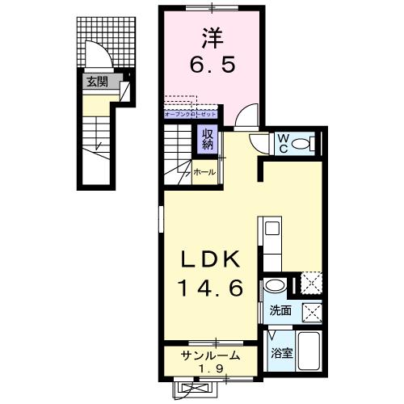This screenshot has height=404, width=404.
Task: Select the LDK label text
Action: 209,260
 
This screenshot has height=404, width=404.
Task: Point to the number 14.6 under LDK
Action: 209,288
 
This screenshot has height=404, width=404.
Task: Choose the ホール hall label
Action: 204,172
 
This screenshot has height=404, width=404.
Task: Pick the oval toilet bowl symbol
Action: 302,145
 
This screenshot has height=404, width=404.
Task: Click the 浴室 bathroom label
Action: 281,352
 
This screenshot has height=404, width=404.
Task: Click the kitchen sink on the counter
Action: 271,228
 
